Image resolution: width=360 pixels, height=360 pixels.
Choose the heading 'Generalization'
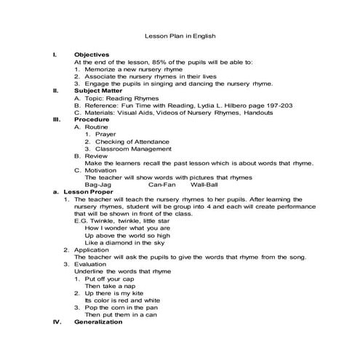[99, 321]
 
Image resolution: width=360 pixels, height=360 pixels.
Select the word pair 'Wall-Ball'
[203, 184]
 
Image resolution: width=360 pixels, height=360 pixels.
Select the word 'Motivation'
[104, 169]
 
